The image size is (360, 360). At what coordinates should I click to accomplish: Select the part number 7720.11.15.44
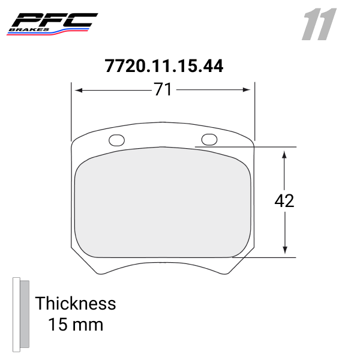164,65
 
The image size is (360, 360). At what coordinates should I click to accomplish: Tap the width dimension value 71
163,90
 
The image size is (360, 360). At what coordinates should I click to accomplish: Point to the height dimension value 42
284,201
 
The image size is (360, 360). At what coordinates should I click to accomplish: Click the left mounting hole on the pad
117,140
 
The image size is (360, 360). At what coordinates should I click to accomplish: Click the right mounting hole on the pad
209,139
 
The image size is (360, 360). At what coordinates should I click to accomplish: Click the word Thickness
75,303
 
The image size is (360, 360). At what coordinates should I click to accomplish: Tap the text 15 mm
76,325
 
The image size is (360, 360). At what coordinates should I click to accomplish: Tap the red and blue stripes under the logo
42,34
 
